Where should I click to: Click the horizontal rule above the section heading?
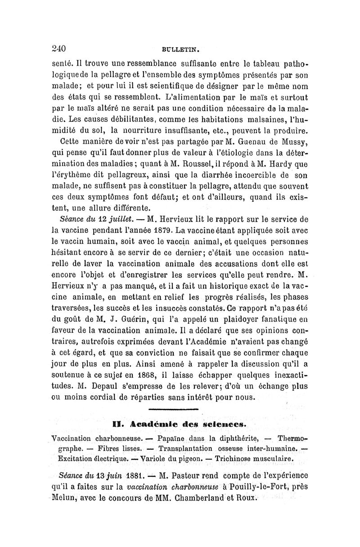click(173, 409)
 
